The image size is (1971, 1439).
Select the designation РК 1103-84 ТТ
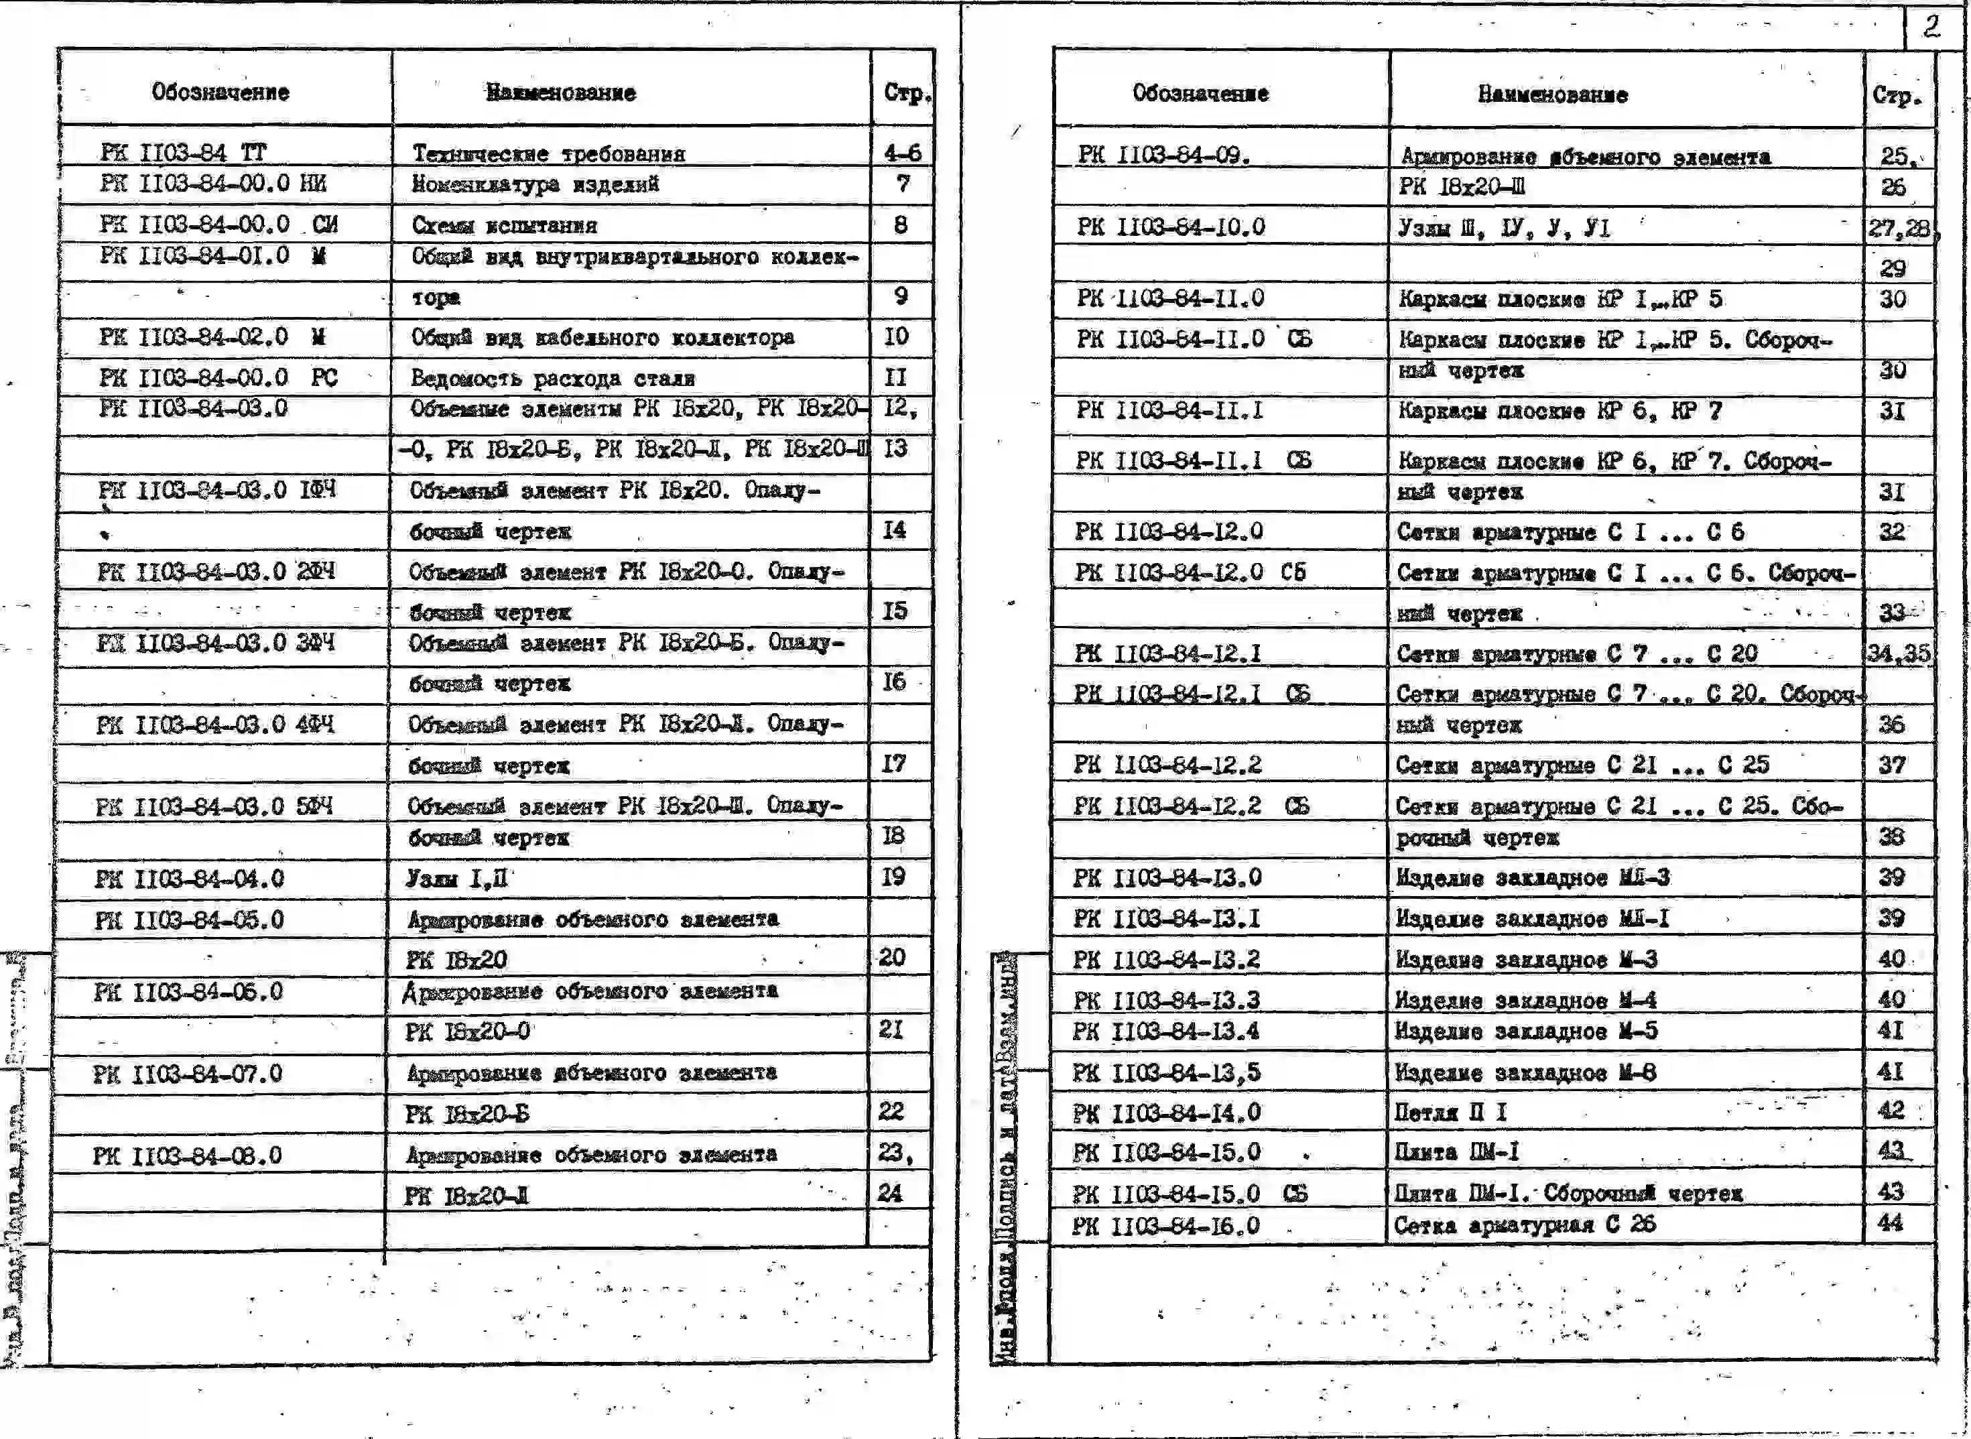[x=184, y=153]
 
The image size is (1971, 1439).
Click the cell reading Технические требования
[x=549, y=154]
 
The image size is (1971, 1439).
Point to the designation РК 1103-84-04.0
[x=190, y=878]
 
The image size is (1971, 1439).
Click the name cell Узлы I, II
[x=456, y=878]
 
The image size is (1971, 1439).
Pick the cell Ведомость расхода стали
[x=553, y=378]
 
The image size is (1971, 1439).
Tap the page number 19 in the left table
[x=893, y=876]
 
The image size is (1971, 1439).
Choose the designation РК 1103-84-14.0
[x=1167, y=1113]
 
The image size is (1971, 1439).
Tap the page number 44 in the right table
[x=1890, y=1223]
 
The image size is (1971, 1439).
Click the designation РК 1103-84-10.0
[x=1171, y=227]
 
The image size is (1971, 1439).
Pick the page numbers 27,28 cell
[x=1899, y=229]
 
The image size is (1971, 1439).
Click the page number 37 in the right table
[x=1892, y=765]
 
